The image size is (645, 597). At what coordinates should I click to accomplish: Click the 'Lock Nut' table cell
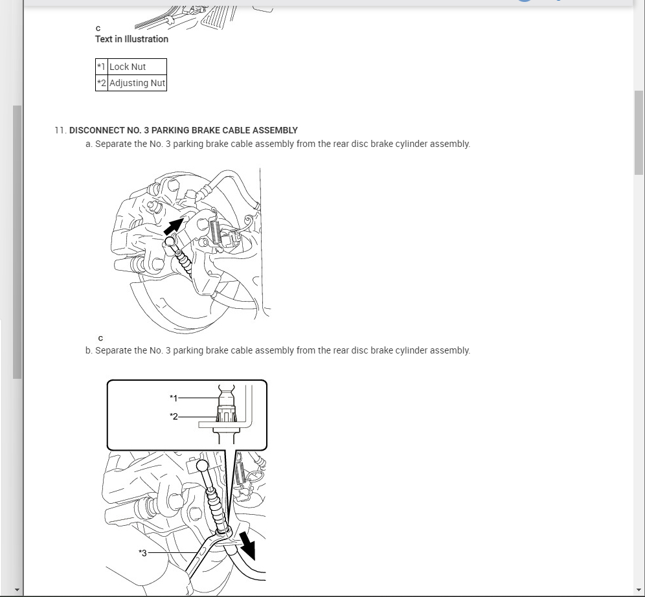click(x=128, y=67)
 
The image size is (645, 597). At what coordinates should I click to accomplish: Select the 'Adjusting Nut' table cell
click(x=137, y=83)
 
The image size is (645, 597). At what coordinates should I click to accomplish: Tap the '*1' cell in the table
click(x=101, y=67)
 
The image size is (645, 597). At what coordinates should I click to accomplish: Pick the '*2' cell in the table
click(x=101, y=83)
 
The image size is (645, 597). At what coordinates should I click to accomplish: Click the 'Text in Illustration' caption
click(x=131, y=39)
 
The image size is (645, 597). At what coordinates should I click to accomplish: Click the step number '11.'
click(x=60, y=130)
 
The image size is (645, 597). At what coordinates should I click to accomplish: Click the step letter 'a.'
click(x=89, y=144)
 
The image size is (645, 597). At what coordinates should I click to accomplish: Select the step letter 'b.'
click(x=89, y=350)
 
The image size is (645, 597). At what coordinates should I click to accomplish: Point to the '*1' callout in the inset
click(x=173, y=398)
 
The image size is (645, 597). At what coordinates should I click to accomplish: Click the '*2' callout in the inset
click(x=173, y=416)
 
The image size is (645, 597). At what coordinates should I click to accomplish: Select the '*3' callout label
click(x=142, y=553)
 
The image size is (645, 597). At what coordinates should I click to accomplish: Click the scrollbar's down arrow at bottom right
click(x=639, y=591)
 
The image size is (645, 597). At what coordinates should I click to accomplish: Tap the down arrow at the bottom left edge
click(x=17, y=591)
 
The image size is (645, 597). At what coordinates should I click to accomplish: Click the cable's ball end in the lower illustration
click(x=203, y=466)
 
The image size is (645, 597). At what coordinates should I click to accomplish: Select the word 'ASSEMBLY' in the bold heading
click(x=275, y=130)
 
